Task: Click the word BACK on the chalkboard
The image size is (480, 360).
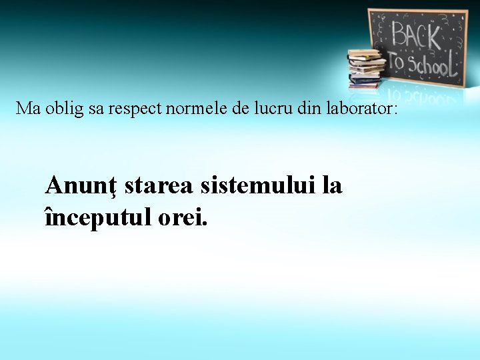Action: point(416,35)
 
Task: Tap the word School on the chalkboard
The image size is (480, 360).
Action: point(431,64)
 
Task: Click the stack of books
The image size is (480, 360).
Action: point(366,69)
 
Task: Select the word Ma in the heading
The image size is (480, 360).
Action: point(29,108)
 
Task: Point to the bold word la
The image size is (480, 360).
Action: point(331,185)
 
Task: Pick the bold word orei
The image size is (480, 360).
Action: point(182,217)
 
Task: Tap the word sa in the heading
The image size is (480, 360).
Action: point(96,109)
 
